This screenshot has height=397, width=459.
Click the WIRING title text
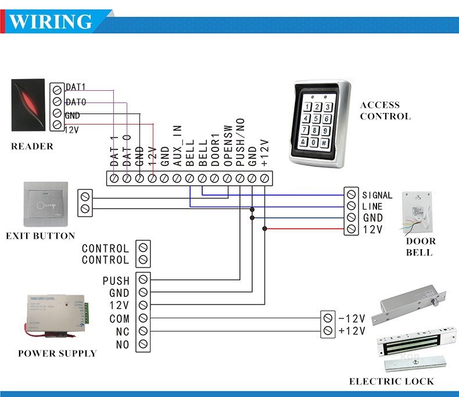pyautogui.click(x=51, y=22)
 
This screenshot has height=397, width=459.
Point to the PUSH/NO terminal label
pyautogui.click(x=240, y=150)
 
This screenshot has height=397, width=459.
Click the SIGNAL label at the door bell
pyautogui.click(x=377, y=196)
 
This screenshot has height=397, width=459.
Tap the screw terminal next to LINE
pyautogui.click(x=351, y=206)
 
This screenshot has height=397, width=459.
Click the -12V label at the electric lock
pyautogui.click(x=352, y=318)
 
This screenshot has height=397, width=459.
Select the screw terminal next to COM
pyautogui.click(x=142, y=318)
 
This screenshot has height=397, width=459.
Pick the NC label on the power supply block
pyautogui.click(x=123, y=332)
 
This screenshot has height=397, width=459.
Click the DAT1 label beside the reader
pyautogui.click(x=76, y=87)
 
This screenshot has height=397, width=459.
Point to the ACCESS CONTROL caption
pyautogui.click(x=385, y=111)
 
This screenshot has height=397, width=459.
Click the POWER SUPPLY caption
pyautogui.click(x=57, y=353)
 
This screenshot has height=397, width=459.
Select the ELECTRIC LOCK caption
pyautogui.click(x=391, y=381)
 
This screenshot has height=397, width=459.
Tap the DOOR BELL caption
pyautogui.click(x=420, y=247)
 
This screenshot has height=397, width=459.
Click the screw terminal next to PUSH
pyautogui.click(x=142, y=281)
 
